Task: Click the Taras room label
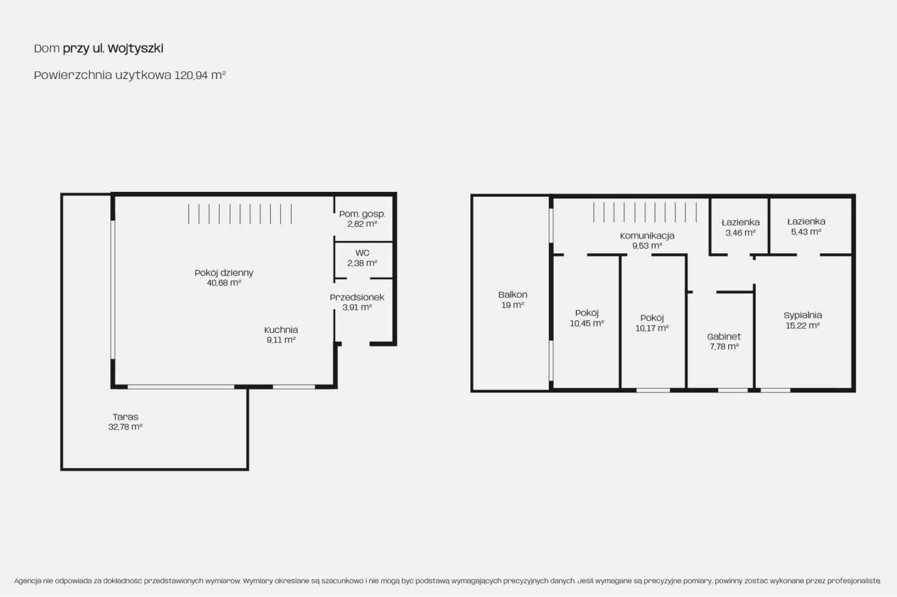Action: [125, 417]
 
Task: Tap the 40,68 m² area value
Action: [224, 283]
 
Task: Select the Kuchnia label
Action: [281, 330]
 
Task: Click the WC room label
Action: [362, 253]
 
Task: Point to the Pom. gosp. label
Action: [362, 214]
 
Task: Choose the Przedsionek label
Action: [357, 297]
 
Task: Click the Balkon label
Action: [513, 295]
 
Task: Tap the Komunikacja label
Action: [647, 236]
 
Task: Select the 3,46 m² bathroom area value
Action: [741, 233]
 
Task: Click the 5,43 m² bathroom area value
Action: [806, 232]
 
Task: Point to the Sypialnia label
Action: [802, 315]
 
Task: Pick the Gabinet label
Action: [724, 337]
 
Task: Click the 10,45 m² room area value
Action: [587, 323]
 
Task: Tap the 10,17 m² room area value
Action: [652, 328]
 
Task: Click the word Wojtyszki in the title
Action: [135, 49]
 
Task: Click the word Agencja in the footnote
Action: [27, 581]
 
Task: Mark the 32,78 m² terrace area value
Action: [125, 427]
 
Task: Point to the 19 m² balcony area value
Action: [513, 305]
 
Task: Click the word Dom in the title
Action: [47, 49]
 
